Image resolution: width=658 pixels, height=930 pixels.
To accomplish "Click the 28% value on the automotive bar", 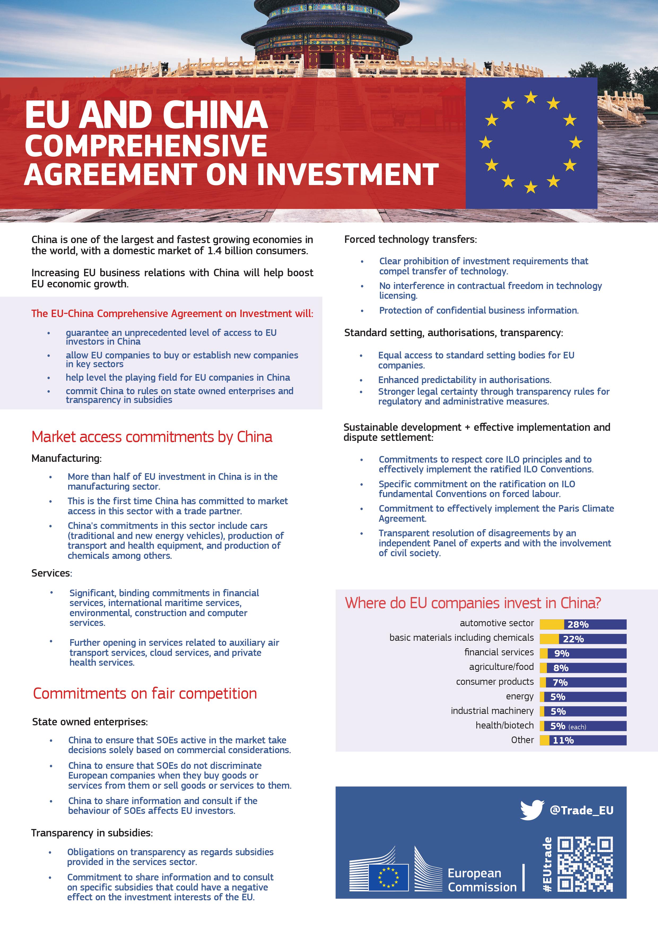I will pos(578,624).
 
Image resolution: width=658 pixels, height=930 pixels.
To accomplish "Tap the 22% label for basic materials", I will pos(573,639).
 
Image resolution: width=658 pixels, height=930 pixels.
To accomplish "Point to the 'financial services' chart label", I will pos(499,652).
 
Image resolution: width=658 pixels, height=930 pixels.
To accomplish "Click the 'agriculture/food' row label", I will pos(501,667).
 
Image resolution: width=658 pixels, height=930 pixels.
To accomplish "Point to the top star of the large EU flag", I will pos(530,97).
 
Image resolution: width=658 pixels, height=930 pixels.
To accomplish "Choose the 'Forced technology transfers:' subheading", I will pos(411,239).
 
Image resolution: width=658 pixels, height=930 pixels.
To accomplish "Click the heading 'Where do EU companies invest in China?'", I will pos(473,603).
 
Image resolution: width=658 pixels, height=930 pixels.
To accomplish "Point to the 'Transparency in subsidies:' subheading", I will pos(92,833).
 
